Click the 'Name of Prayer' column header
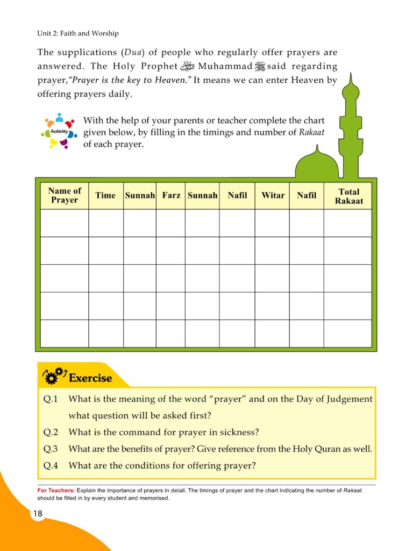[65, 195]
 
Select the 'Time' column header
[105, 195]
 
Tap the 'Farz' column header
[171, 195]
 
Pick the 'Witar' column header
[273, 195]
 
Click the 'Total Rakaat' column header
[348, 196]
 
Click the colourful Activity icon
[58, 131]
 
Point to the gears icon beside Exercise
[54, 376]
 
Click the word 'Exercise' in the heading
[90, 378]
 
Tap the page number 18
[37, 513]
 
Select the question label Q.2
[52, 432]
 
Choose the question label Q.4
[52, 466]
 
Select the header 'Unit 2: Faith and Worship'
[78, 34]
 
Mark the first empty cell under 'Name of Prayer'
[65, 223]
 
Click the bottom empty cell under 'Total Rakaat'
[347, 334]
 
